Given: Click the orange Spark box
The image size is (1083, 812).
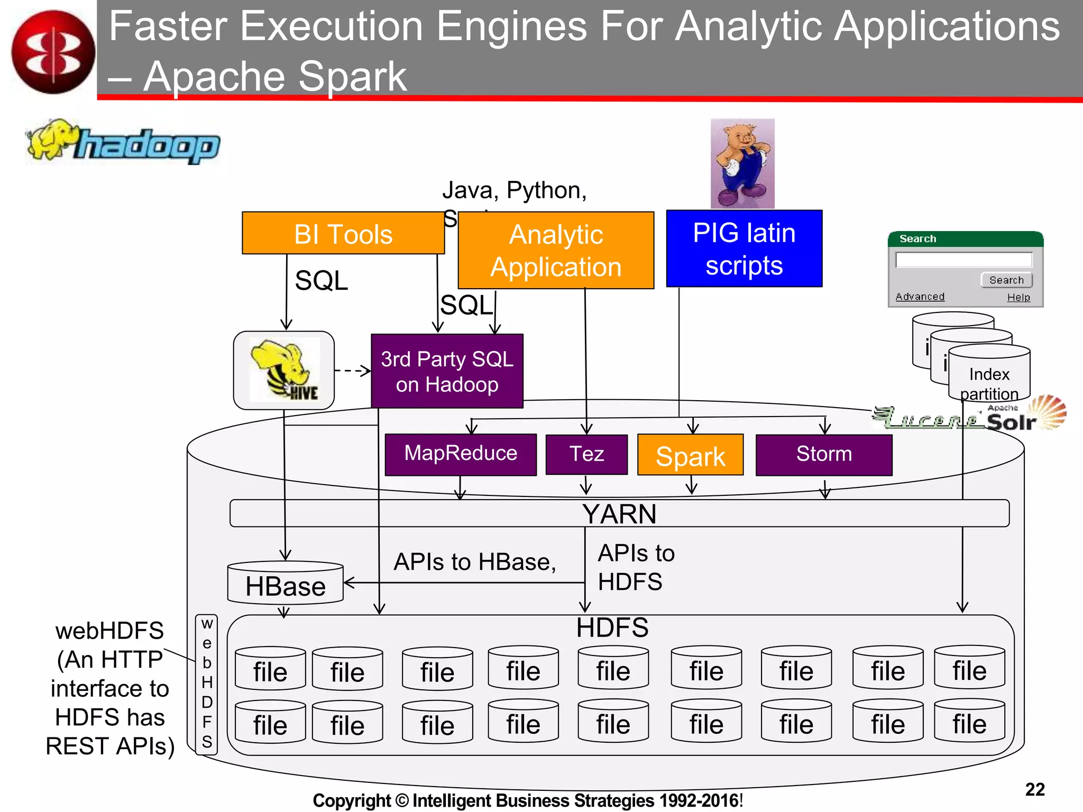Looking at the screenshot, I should click(690, 455).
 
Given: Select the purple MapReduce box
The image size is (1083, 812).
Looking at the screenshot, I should click(460, 454).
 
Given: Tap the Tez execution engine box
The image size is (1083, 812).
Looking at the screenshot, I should click(586, 454).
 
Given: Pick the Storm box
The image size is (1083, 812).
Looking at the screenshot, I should click(823, 454).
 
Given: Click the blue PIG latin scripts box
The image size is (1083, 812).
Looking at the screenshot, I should click(744, 248).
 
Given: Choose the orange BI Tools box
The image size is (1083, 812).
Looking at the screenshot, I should click(343, 234).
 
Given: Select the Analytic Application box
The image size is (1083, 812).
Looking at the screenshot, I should click(555, 251).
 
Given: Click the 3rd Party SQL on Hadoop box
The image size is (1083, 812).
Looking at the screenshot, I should click(447, 371).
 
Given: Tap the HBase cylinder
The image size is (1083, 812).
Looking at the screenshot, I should click(285, 584).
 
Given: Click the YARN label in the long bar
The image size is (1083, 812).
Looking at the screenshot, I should click(619, 514).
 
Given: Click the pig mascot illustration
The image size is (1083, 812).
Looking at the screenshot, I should click(742, 163).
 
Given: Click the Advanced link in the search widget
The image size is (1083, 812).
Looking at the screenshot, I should click(920, 297).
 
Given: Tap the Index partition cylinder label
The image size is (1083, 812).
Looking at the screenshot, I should click(989, 384).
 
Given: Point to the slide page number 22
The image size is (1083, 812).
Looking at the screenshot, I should click(1034, 789).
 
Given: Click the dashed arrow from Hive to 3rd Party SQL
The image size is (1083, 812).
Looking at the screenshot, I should click(352, 371).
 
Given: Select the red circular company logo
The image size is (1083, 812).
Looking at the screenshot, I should click(53, 52).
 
